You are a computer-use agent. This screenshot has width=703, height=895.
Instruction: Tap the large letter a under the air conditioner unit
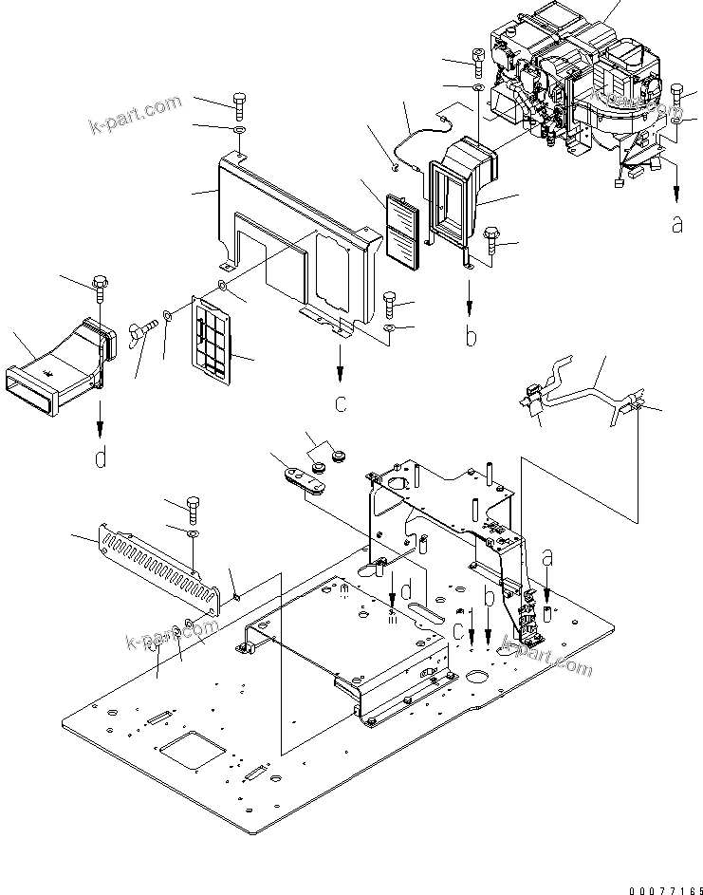[675, 224]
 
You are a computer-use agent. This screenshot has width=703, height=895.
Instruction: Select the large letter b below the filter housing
[472, 335]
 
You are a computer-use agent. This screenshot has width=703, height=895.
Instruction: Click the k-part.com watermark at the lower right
[546, 654]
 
